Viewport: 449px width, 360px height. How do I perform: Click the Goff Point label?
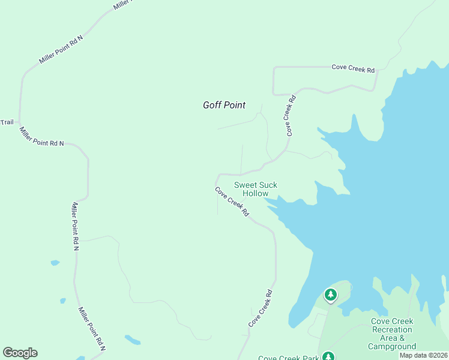pyautogui.click(x=224, y=105)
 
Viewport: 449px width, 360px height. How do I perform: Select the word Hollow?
pyautogui.click(x=255, y=194)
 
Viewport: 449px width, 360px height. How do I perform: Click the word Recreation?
pyautogui.click(x=392, y=329)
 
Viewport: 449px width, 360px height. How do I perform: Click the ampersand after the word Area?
pyautogui.click(x=409, y=338)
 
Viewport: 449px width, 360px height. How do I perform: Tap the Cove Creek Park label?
pyautogui.click(x=288, y=358)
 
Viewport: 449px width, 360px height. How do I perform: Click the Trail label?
pyautogui.click(x=7, y=122)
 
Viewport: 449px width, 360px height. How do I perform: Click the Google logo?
pyautogui.click(x=20, y=352)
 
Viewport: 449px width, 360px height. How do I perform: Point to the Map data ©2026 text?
pyautogui.click(x=423, y=355)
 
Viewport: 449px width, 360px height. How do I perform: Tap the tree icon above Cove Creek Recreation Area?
pyautogui.click(x=330, y=295)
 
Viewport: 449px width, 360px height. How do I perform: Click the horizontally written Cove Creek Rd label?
pyautogui.click(x=353, y=69)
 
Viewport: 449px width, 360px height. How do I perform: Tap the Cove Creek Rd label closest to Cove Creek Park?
pyautogui.click(x=261, y=308)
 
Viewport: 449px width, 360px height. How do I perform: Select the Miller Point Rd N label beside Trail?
pyautogui.click(x=41, y=137)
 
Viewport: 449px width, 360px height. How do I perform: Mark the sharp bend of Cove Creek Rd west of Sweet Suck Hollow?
pyautogui.click(x=217, y=178)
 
